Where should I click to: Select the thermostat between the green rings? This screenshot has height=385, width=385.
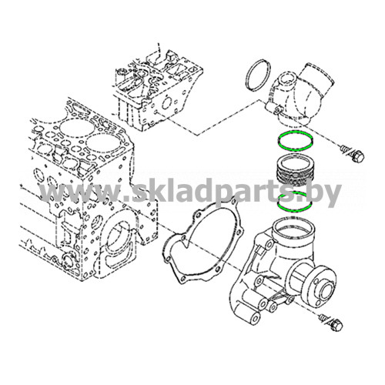coord(293,171)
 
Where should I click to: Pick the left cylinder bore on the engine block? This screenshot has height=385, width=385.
coord(72,126)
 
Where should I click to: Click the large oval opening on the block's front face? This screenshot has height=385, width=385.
coord(119,240)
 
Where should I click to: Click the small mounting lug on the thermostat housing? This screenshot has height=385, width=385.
coord(277,109)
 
